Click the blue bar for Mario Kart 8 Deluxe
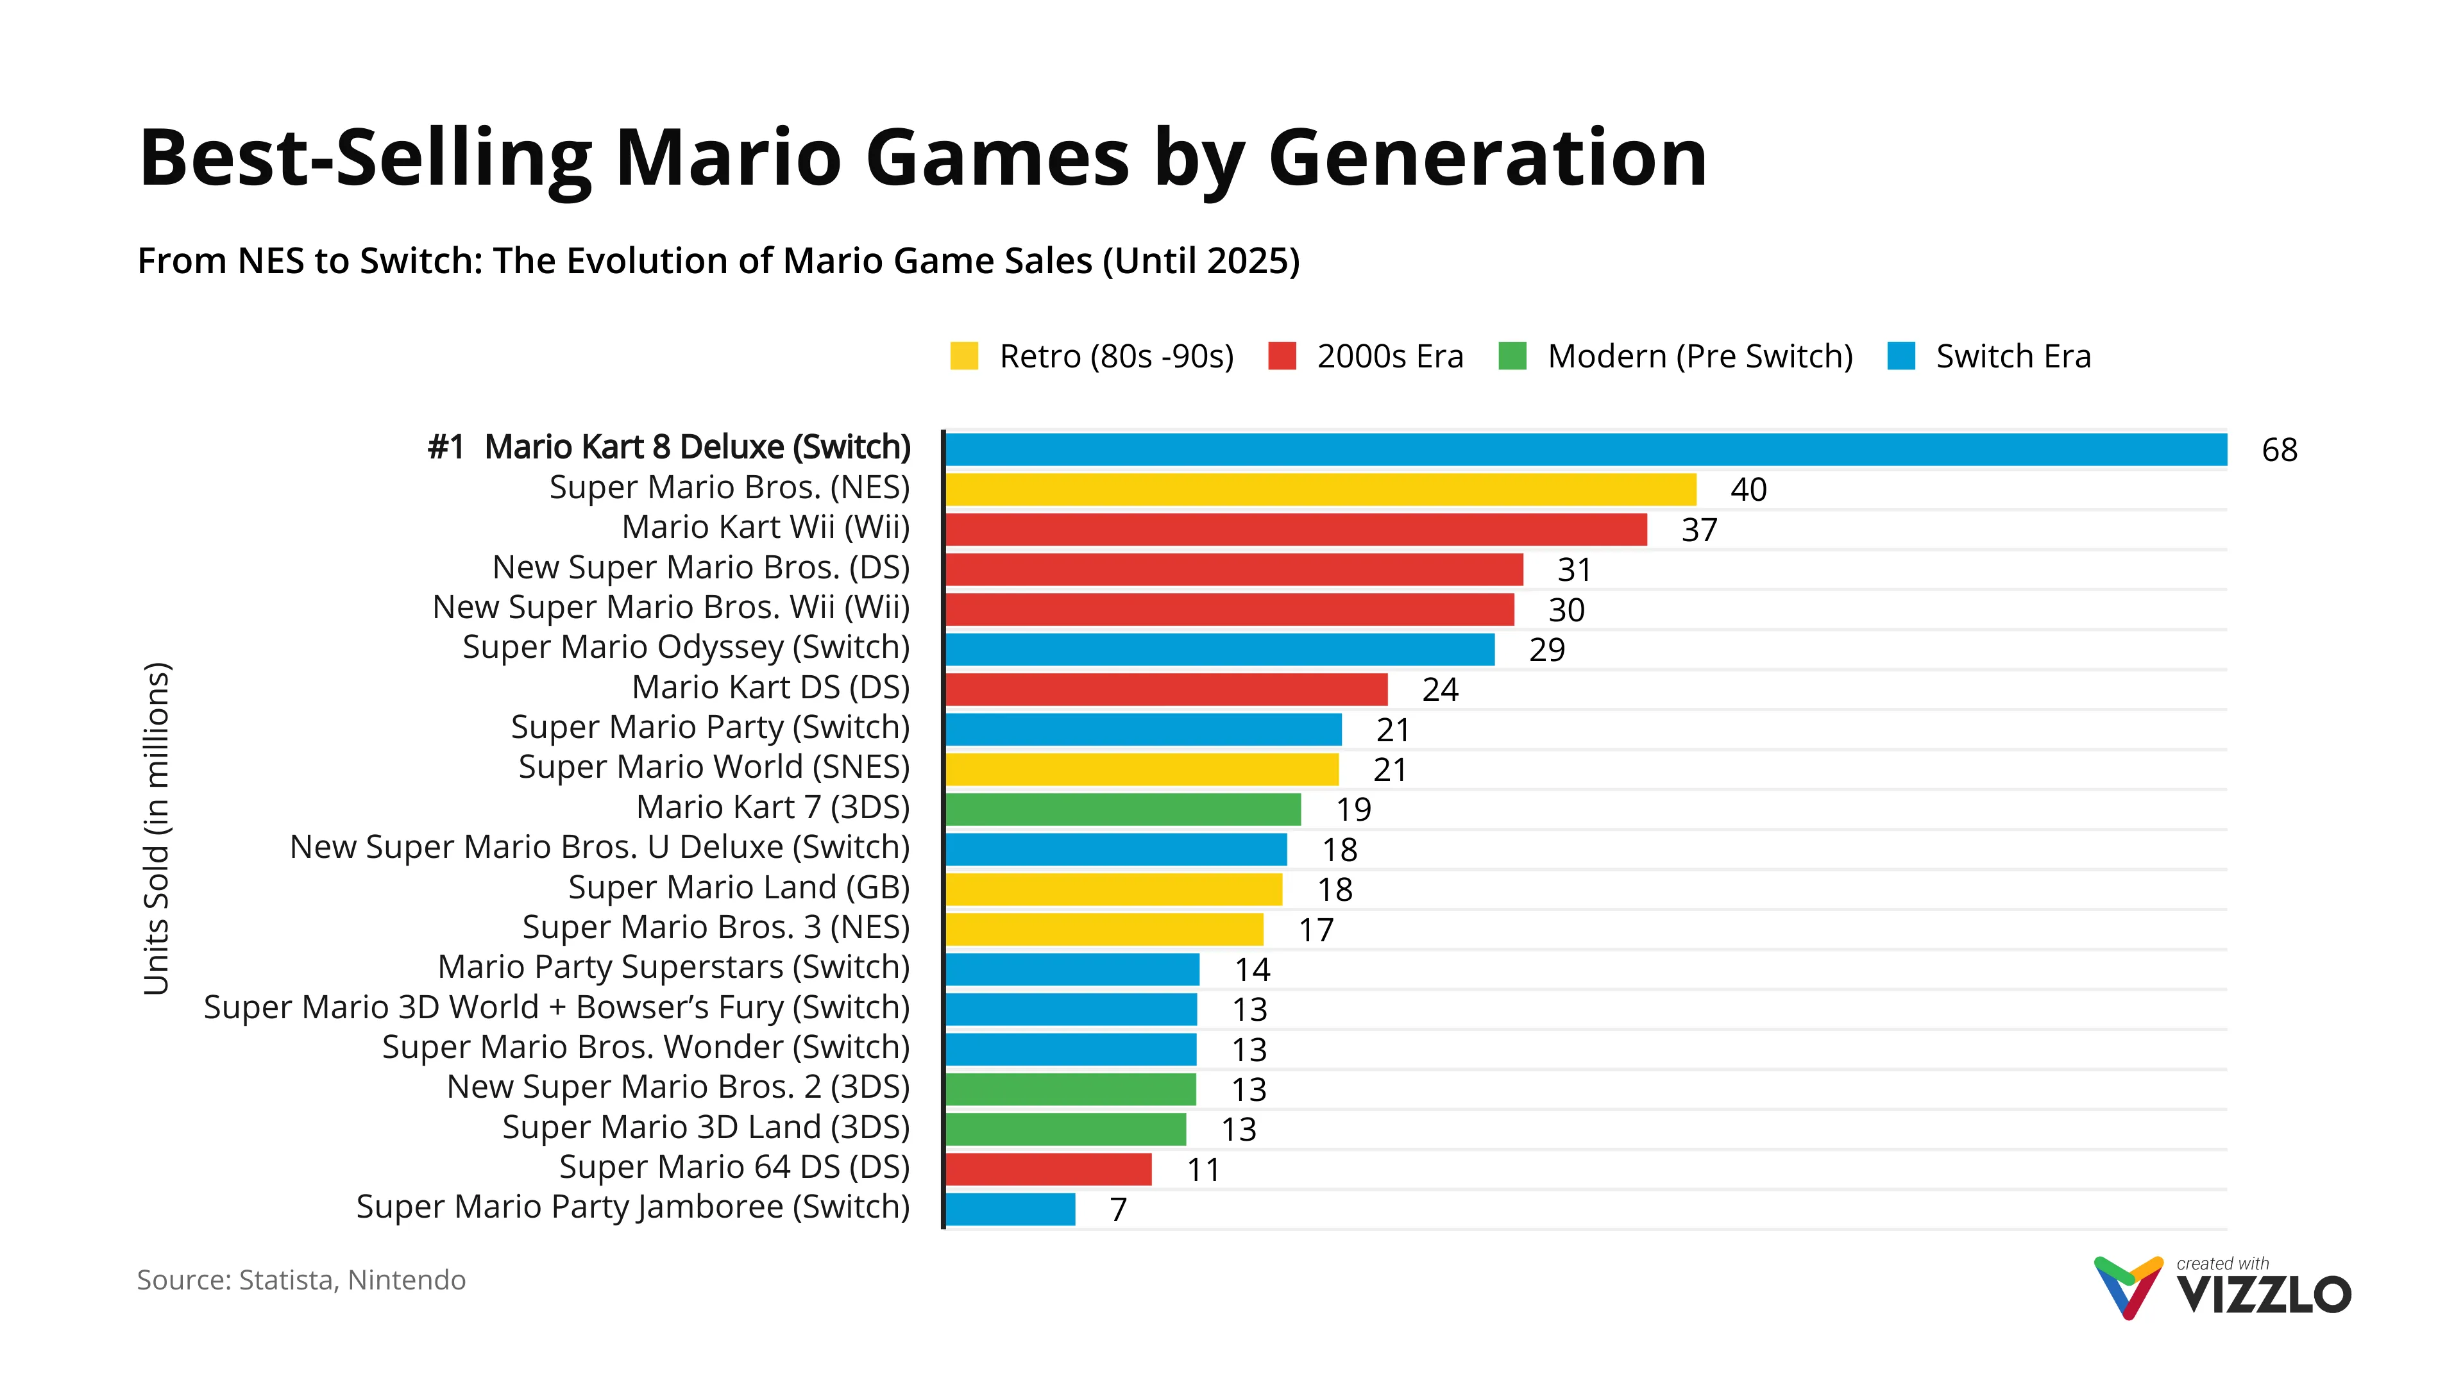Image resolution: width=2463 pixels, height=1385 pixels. [1586, 449]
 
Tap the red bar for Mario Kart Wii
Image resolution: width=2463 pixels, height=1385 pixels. [1296, 530]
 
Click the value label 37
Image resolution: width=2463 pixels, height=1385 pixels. [1699, 530]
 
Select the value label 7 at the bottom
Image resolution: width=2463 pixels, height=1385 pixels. [1118, 1210]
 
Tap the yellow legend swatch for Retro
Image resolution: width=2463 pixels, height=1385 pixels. [964, 356]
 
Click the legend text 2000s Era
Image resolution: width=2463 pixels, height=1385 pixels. [1389, 357]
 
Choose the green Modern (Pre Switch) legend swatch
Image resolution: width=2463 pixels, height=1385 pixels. [1512, 356]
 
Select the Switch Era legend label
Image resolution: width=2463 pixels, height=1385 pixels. [2013, 357]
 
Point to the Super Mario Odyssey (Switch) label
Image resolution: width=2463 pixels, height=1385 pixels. [686, 647]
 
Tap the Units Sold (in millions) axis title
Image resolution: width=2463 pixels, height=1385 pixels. [156, 828]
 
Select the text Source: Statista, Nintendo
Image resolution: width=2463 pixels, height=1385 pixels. [301, 1280]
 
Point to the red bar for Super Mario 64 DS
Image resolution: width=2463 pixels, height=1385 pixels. [1048, 1169]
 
